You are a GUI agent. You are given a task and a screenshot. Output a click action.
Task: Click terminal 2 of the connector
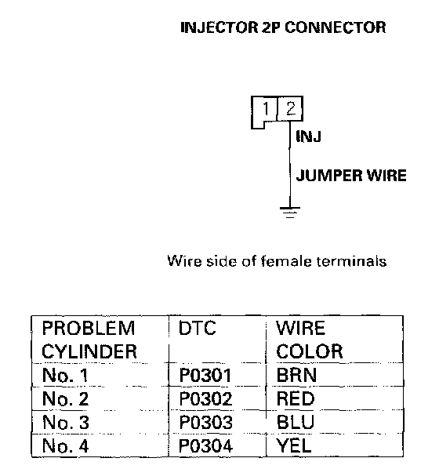coord(290,108)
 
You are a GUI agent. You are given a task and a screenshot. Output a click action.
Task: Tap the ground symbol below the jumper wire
coord(290,213)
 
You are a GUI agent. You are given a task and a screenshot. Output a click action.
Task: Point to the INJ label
coord(308,137)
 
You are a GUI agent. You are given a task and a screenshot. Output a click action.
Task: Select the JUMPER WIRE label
coord(351,175)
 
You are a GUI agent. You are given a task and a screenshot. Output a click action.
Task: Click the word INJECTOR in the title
coord(219,27)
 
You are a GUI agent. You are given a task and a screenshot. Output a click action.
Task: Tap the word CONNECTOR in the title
coord(336,27)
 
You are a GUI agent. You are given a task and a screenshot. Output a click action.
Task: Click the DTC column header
coord(197,328)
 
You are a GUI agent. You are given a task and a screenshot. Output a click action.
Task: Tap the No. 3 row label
coord(66,423)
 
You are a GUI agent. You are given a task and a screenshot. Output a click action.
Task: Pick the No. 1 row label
coord(65,375)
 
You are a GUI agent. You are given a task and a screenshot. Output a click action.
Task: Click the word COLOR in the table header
coord(309,351)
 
